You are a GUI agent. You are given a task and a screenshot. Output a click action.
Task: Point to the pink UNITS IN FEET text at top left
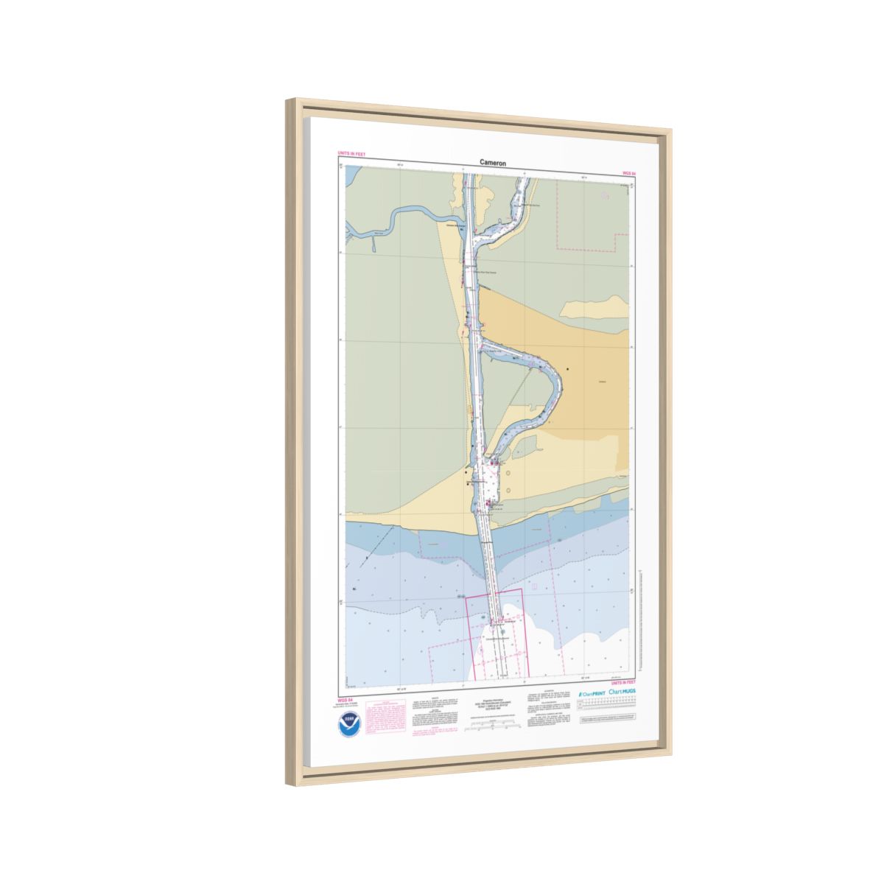click(351, 153)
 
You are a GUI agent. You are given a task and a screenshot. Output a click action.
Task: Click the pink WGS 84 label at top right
click(629, 173)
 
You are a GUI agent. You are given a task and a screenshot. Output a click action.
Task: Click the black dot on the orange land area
click(568, 368)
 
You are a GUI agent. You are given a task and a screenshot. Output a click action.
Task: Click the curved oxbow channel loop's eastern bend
click(559, 383)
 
